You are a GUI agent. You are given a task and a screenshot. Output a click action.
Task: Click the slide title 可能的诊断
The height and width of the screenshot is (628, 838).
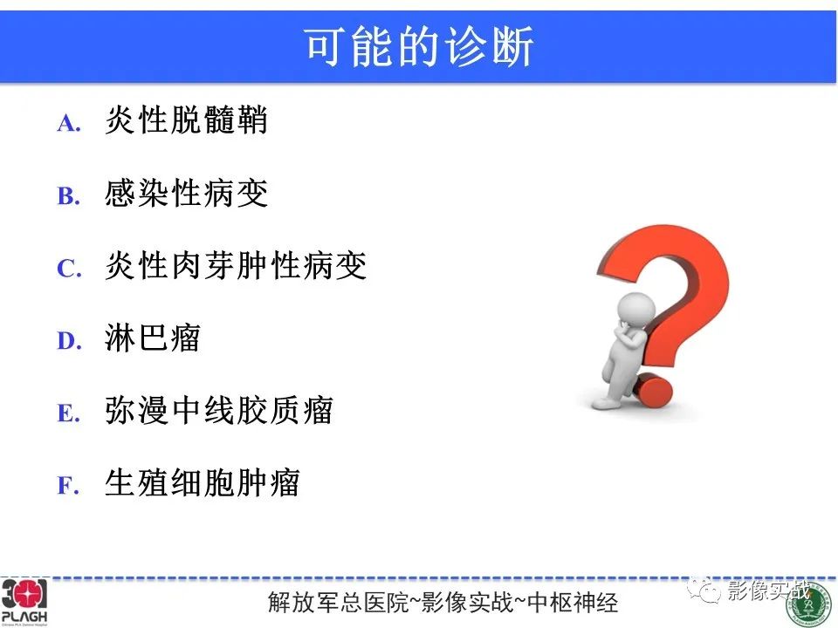(419, 47)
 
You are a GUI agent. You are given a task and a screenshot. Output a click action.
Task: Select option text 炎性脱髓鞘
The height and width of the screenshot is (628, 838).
(186, 120)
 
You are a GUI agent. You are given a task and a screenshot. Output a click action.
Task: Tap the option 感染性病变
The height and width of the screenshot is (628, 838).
(186, 194)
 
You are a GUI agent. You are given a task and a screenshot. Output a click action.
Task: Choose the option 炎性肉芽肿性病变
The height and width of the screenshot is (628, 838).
(236, 266)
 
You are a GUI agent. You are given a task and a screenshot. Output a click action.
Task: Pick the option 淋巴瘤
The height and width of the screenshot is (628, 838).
(153, 338)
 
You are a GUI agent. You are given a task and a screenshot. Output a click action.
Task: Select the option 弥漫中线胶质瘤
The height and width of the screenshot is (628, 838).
(219, 410)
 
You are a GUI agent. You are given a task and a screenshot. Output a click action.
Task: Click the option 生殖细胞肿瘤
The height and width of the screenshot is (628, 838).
(203, 482)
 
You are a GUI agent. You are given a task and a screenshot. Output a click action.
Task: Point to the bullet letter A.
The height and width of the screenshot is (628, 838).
(69, 124)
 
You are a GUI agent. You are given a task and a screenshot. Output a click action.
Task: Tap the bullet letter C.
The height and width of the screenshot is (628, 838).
(69, 269)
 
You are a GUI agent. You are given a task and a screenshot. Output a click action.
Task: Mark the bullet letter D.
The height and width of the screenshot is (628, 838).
(69, 341)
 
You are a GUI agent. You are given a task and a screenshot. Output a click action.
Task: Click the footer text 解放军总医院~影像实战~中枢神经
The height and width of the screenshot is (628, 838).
(444, 603)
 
